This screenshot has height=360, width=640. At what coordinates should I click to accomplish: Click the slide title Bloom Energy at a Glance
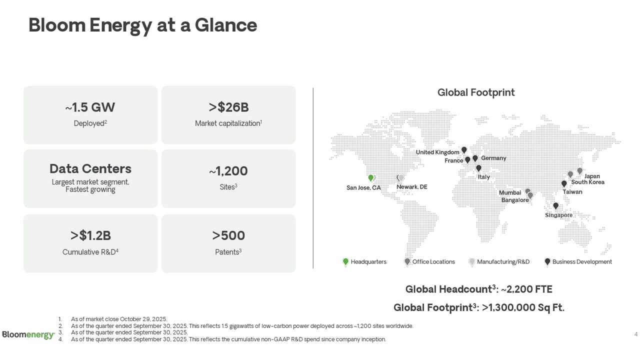pos(142,25)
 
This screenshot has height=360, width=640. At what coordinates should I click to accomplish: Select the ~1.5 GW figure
pos(90,107)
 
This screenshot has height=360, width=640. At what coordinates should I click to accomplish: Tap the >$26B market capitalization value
pos(228,107)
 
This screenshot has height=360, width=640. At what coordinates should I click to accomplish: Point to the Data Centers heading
pos(90,168)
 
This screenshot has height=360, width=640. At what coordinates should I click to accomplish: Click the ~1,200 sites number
pos(228,171)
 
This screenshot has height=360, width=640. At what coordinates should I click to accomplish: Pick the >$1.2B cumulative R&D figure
pos(90,235)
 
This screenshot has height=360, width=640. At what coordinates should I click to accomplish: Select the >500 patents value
pos(228,235)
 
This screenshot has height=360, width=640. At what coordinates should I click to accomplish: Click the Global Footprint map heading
pos(475,92)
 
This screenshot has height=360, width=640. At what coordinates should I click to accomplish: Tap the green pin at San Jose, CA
pos(370,178)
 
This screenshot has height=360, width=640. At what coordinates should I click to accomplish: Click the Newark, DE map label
pos(411,187)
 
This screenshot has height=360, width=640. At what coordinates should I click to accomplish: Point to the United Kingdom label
pos(437,152)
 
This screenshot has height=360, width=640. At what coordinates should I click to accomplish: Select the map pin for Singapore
pos(555,206)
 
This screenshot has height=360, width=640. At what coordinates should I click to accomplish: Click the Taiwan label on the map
pos(572,192)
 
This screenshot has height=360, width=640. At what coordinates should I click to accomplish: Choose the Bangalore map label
pos(514,200)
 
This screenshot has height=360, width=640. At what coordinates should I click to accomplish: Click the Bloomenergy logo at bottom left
pos(28,334)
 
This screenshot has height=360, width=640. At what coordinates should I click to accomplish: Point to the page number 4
pos(635,334)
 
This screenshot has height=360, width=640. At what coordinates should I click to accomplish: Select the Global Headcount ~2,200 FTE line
pos(478,289)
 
